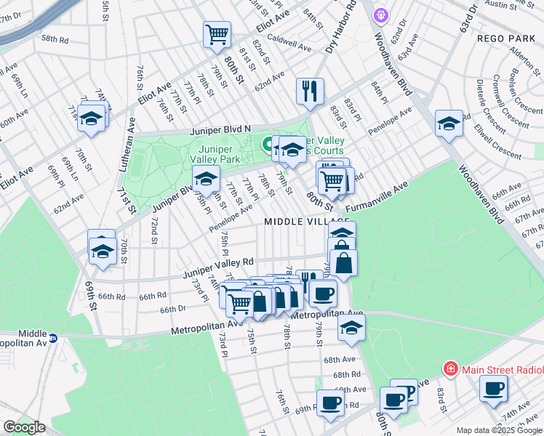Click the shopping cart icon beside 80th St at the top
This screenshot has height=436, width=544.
[x=217, y=33]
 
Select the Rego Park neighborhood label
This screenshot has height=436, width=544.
[x=505, y=38]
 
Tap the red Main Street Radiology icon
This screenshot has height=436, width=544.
[x=451, y=369]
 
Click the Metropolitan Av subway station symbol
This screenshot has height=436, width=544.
[x=53, y=338]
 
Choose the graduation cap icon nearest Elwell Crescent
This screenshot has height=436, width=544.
[x=449, y=124]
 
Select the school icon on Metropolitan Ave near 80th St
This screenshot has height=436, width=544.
[x=351, y=328]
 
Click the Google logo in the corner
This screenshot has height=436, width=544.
[x=24, y=427]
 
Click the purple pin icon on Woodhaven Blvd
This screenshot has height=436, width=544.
[x=380, y=15]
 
